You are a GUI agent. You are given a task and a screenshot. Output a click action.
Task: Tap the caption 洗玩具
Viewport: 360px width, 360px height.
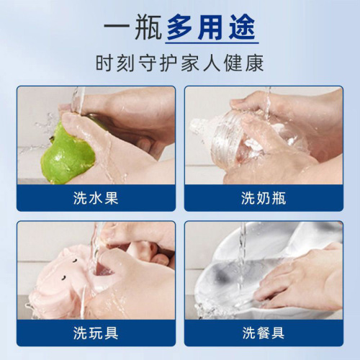coord(96,333)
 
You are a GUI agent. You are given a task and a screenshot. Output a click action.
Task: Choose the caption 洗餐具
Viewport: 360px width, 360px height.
coord(264,333)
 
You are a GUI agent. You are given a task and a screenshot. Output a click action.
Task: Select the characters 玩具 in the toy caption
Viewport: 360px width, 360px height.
coord(104,333)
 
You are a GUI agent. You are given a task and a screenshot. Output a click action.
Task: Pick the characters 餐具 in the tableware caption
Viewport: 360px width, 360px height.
coord(271,333)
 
